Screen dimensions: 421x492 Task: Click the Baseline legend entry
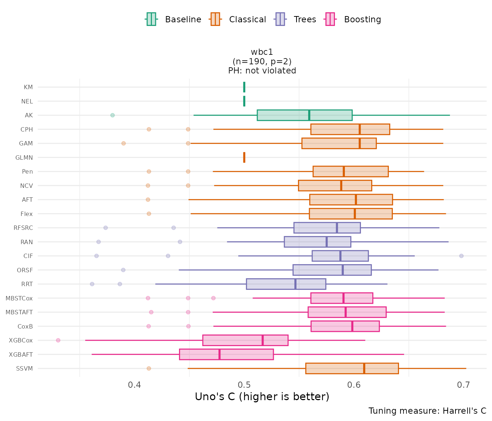(x=173, y=19)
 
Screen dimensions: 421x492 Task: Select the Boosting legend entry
(x=353, y=19)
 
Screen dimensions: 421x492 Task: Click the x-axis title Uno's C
(x=262, y=397)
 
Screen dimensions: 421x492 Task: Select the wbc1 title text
(x=262, y=52)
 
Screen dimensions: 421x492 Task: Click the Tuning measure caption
(x=427, y=411)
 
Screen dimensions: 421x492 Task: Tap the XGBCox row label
(x=21, y=340)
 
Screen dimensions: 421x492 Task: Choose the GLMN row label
(x=24, y=158)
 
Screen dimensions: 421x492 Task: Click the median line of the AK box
(x=309, y=115)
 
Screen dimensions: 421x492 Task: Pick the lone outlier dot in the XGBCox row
(x=58, y=340)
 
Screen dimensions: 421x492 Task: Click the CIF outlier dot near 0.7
(x=461, y=256)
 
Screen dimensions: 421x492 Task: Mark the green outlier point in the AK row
(x=112, y=115)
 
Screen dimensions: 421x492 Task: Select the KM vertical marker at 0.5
(x=244, y=87)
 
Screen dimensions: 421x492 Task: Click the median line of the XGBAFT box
(x=219, y=354)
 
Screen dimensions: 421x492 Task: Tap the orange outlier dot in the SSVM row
(x=149, y=368)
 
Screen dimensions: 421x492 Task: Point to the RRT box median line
(x=295, y=284)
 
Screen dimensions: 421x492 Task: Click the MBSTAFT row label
(x=19, y=312)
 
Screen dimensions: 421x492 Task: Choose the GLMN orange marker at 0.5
(x=244, y=158)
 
